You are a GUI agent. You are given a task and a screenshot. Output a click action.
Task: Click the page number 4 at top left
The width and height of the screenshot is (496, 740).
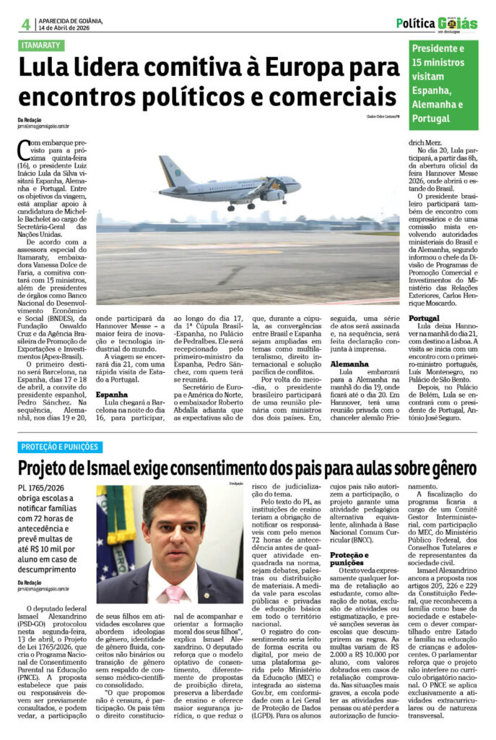click(x=25, y=24)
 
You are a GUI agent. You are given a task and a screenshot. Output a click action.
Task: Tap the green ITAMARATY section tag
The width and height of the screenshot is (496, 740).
click(x=41, y=46)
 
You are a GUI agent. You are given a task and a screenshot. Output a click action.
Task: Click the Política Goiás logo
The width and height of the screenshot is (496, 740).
click(x=437, y=23)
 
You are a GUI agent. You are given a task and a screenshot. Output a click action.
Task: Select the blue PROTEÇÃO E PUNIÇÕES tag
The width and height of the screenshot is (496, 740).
click(x=61, y=447)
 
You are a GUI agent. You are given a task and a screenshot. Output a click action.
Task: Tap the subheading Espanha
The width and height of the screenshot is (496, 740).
click(x=112, y=395)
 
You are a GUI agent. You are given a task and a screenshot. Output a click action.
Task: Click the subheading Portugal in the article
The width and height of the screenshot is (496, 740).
click(x=425, y=317)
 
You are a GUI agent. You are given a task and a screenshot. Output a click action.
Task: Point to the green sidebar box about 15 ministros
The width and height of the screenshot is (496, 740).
click(x=443, y=84)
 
